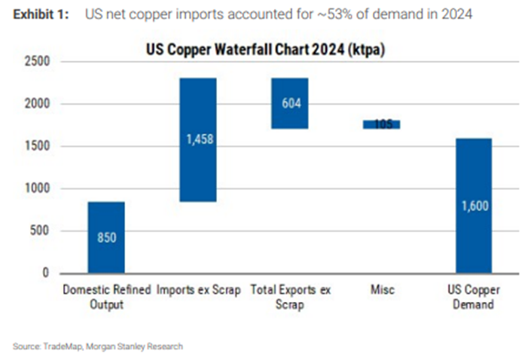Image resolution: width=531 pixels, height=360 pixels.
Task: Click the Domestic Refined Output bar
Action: click(x=105, y=237)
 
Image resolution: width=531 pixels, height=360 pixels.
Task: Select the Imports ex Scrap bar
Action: click(x=198, y=139)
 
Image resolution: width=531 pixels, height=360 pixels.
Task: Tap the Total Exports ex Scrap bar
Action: click(x=290, y=103)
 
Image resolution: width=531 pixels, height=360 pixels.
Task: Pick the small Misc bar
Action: click(x=382, y=124)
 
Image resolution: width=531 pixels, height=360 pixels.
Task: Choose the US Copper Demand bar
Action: click(x=474, y=205)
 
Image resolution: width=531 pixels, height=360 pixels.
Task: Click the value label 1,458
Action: click(x=198, y=139)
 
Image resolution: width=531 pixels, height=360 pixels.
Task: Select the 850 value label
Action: click(x=105, y=237)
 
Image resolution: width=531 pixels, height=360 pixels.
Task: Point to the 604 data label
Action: click(x=290, y=103)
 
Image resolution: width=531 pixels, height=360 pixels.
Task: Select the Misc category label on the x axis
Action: click(x=382, y=288)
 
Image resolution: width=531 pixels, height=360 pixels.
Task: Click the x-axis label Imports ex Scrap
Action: click(x=198, y=288)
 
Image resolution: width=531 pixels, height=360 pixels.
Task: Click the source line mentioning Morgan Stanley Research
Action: click(x=98, y=346)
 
